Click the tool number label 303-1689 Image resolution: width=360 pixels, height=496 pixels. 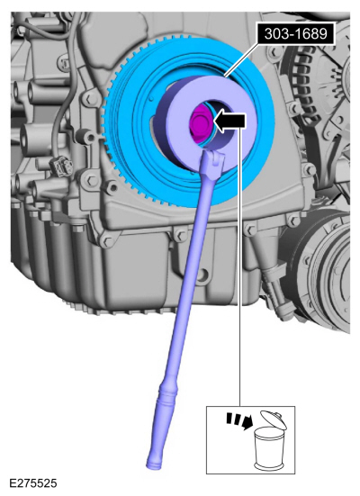(x=295, y=33)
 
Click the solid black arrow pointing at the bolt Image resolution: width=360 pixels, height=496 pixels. (x=229, y=122)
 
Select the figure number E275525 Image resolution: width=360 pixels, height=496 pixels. (x=33, y=483)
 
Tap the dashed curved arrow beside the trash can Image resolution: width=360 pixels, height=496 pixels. (x=239, y=420)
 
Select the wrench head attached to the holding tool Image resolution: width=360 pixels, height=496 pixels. (x=212, y=158)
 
